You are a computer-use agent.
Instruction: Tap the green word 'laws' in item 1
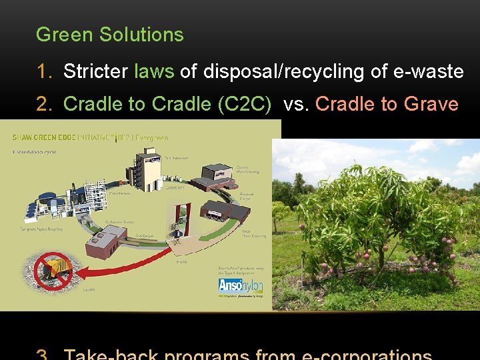tap(154, 71)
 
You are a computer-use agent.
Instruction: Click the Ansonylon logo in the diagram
tap(240, 285)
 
